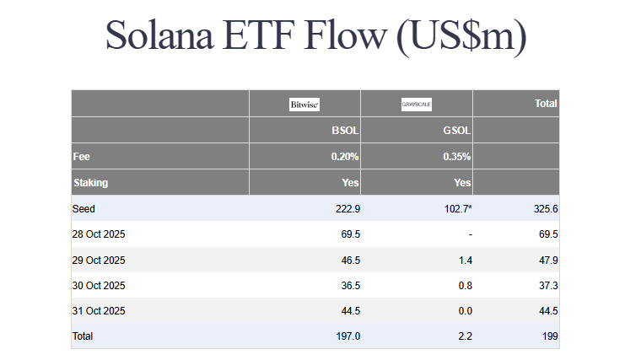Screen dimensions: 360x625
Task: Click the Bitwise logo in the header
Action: pyautogui.click(x=304, y=105)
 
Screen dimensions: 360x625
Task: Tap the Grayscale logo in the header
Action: pyautogui.click(x=416, y=105)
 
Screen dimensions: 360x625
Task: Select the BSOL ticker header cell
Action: pyautogui.click(x=346, y=132)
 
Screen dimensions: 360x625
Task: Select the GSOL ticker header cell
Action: pyautogui.click(x=456, y=132)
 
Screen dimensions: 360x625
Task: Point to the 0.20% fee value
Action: pyautogui.click(x=345, y=157)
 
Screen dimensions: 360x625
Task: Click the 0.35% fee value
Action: pyautogui.click(x=456, y=157)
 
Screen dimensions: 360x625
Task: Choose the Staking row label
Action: pyautogui.click(x=91, y=182)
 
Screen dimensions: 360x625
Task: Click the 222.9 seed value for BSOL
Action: pyautogui.click(x=348, y=208)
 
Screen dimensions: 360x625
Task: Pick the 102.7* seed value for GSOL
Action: pyautogui.click(x=455, y=208)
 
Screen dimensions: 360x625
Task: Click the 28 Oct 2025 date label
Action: pyautogui.click(x=100, y=234)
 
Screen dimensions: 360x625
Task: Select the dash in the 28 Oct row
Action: pyautogui.click(x=469, y=234)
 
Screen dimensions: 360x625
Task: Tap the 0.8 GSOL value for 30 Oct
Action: pyautogui.click(x=464, y=285)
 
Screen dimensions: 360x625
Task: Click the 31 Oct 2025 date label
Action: pyautogui.click(x=100, y=310)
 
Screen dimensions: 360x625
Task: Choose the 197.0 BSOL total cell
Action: pyautogui.click(x=348, y=336)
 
